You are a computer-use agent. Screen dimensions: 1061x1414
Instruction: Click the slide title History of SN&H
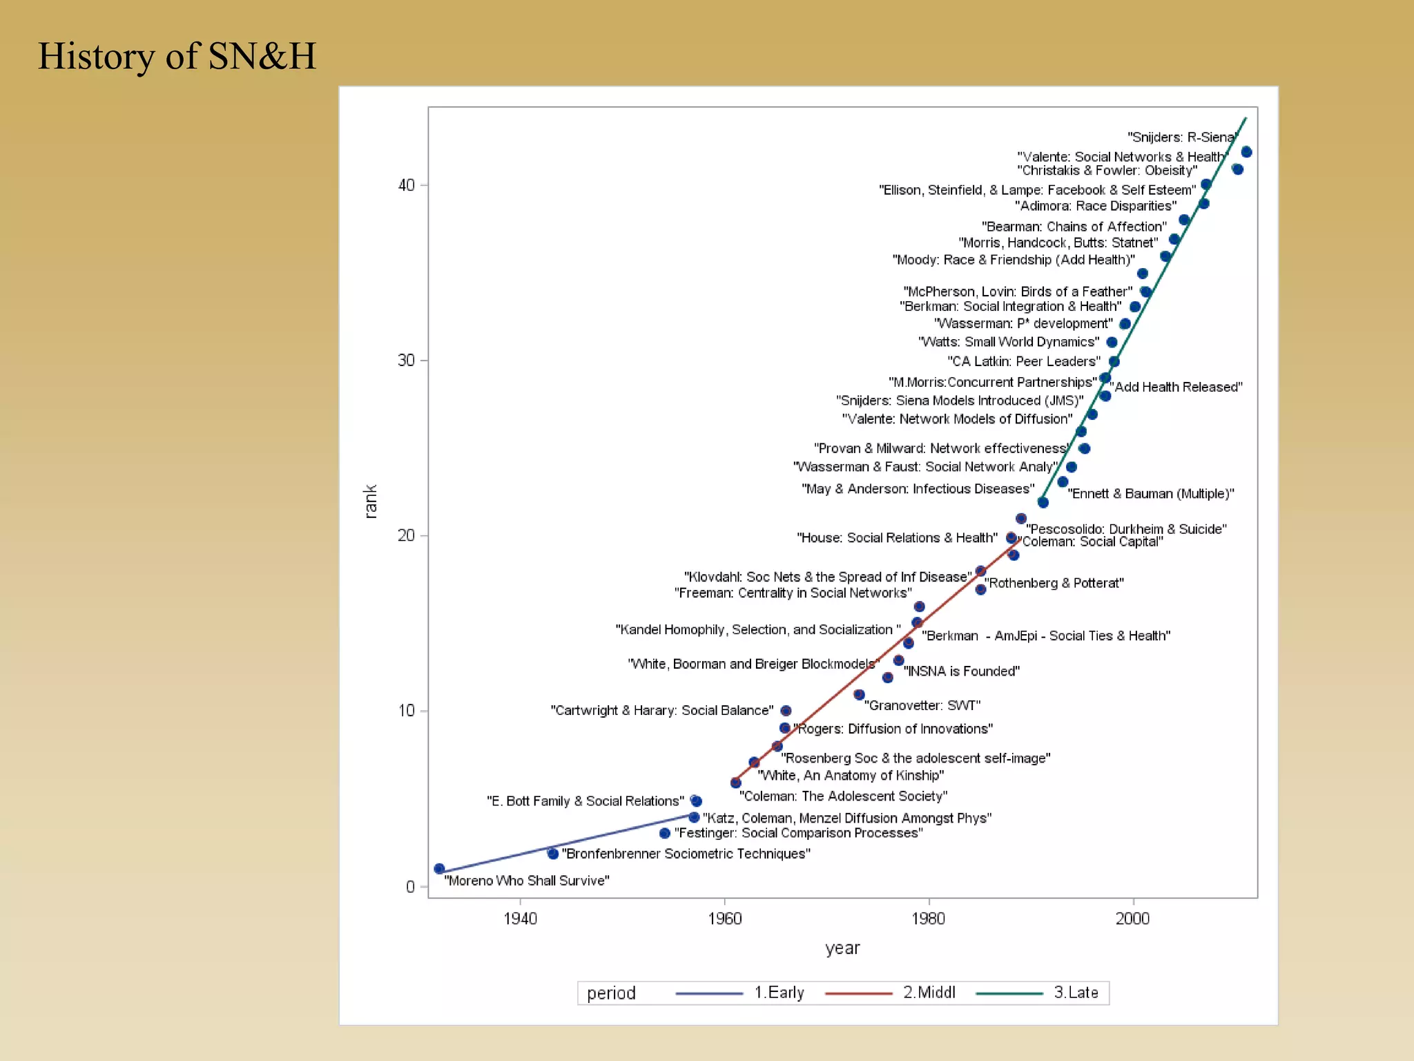coord(177,57)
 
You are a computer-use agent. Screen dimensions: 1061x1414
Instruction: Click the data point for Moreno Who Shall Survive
coord(439,868)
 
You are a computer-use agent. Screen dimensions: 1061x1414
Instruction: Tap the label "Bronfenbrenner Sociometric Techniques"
coord(686,854)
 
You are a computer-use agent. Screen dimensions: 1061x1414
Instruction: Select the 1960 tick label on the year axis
coord(724,918)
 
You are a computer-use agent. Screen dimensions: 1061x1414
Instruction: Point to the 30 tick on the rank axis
coord(406,361)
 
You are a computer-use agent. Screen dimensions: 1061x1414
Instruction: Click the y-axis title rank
coord(370,501)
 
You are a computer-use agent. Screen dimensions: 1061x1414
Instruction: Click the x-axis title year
coord(842,948)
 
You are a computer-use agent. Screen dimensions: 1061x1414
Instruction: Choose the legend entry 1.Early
coord(779,993)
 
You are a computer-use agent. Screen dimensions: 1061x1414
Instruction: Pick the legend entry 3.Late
coord(1075,993)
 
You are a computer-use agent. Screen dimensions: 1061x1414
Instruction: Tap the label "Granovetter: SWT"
coord(922,705)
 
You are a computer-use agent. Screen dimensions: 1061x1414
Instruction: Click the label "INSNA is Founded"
coord(961,671)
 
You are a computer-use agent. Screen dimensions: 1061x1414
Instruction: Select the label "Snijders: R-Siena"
coord(1181,137)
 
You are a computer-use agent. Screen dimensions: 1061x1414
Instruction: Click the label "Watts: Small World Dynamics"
coord(1009,342)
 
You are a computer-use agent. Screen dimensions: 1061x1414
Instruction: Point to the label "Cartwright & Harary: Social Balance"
coord(661,710)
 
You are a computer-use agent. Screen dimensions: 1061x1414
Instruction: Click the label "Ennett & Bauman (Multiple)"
coord(1151,493)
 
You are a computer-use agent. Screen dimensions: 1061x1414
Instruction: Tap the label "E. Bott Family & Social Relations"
coord(585,801)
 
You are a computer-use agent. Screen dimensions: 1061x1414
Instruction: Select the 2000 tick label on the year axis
coord(1132,918)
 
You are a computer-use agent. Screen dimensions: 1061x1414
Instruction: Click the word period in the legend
coord(611,993)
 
